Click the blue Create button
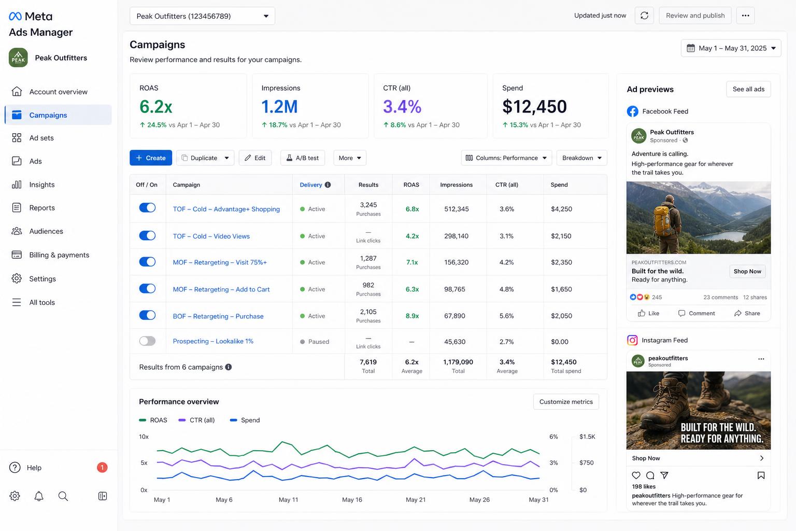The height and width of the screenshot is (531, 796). point(151,158)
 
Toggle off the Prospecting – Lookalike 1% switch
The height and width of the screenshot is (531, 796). point(147,341)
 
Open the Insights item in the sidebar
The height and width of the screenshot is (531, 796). point(41,185)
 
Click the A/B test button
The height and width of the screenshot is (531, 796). point(303,158)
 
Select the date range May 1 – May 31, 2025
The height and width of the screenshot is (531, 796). point(731,48)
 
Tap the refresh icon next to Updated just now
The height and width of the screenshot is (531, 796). point(644,16)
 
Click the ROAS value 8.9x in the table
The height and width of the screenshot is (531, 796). point(412,316)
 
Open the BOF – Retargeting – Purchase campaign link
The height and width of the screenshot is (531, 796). point(218,316)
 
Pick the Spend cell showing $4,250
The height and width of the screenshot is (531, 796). point(561,209)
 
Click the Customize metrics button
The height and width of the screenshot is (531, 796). point(566,401)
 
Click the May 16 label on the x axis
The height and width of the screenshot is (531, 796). point(352,500)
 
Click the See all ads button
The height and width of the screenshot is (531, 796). point(748,89)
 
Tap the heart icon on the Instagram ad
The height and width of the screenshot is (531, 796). point(636,475)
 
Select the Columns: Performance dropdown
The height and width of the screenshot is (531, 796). point(506,158)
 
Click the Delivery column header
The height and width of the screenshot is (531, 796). point(311,185)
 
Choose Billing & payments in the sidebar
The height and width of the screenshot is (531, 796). point(59,255)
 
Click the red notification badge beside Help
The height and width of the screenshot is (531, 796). point(102,467)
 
